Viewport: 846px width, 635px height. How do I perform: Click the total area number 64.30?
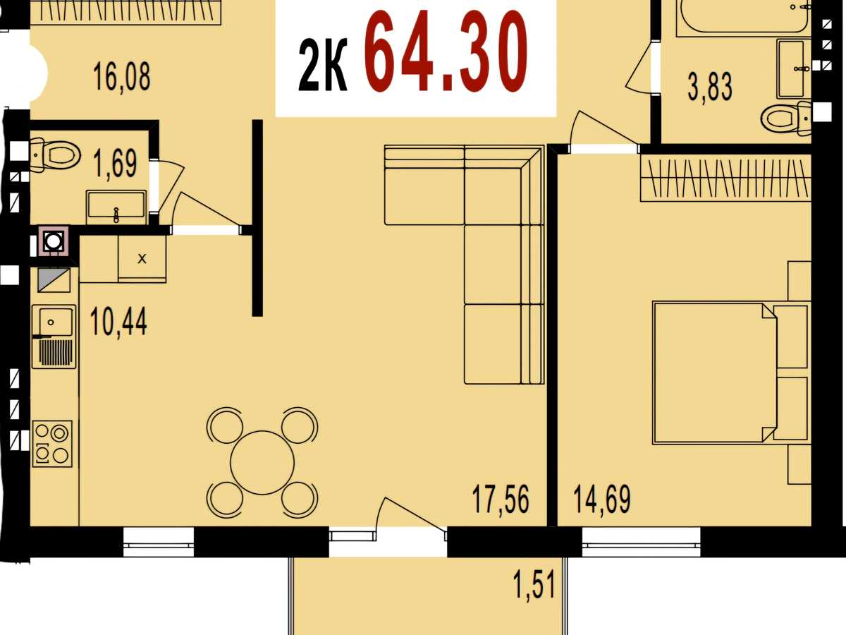pos(446,52)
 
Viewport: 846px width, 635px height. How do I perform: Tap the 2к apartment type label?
pos(323,65)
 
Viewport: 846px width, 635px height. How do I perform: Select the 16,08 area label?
pos(122,77)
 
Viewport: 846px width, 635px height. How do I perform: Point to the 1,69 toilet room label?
pos(116,164)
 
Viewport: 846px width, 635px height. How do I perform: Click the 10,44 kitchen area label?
pos(118,322)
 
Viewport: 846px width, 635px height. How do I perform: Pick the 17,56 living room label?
pos(501,500)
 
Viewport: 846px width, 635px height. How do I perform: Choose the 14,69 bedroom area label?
pos(602,500)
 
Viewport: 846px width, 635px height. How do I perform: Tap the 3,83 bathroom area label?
pos(710,87)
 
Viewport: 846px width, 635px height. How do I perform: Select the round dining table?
pos(262,462)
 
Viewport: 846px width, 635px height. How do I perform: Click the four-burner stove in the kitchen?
pos(52,444)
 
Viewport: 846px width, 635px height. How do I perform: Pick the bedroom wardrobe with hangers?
pos(725,178)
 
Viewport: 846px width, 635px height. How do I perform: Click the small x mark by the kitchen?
pos(142,259)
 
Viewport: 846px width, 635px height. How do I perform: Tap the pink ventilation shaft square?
pos(54,241)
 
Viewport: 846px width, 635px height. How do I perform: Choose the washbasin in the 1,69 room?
pos(116,207)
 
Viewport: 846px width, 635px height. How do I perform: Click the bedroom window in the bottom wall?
pos(642,543)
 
